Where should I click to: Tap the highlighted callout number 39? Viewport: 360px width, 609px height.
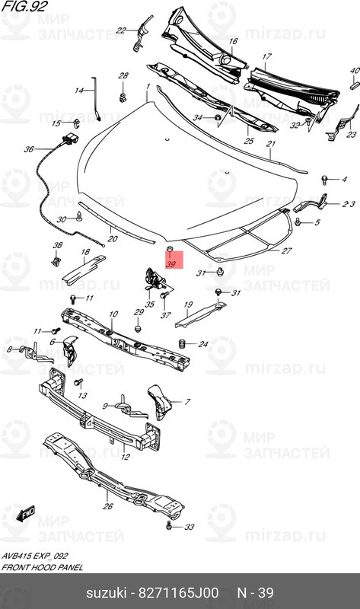[171, 264]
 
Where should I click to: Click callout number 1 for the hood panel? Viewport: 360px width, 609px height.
[148, 88]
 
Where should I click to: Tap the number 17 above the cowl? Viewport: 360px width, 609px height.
[267, 57]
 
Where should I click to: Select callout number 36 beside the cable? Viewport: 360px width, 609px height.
[29, 149]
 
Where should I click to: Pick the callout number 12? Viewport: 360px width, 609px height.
[125, 458]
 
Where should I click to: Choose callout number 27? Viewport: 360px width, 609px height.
[286, 250]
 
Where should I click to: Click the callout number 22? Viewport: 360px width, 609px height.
[120, 30]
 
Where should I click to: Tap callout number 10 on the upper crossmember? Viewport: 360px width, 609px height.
[113, 314]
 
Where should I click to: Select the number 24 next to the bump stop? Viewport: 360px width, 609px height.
[202, 344]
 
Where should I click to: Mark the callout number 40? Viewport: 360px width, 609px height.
[354, 70]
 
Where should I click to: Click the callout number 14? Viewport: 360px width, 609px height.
[78, 91]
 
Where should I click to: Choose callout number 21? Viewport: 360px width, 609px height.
[270, 143]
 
